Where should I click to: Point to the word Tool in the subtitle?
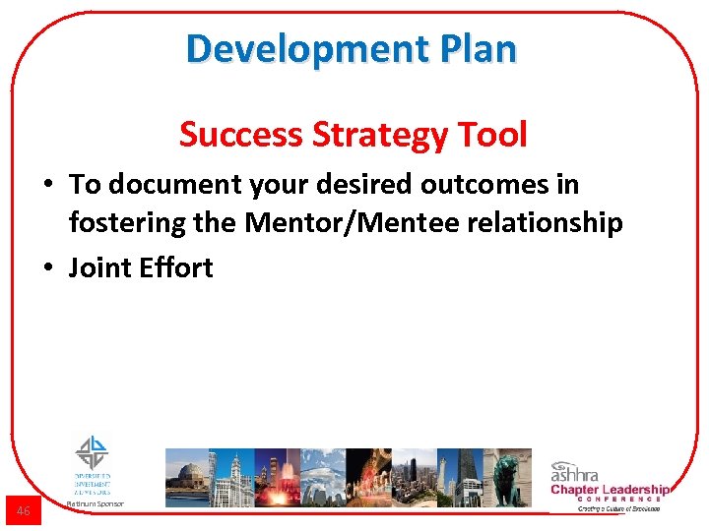[494, 134]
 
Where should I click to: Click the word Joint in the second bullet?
[99, 267]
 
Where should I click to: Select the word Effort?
[176, 267]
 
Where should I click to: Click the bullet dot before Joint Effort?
[49, 268]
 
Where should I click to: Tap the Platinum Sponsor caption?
[95, 503]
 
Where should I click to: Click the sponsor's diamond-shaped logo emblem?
[93, 452]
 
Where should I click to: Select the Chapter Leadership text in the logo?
[609, 489]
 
